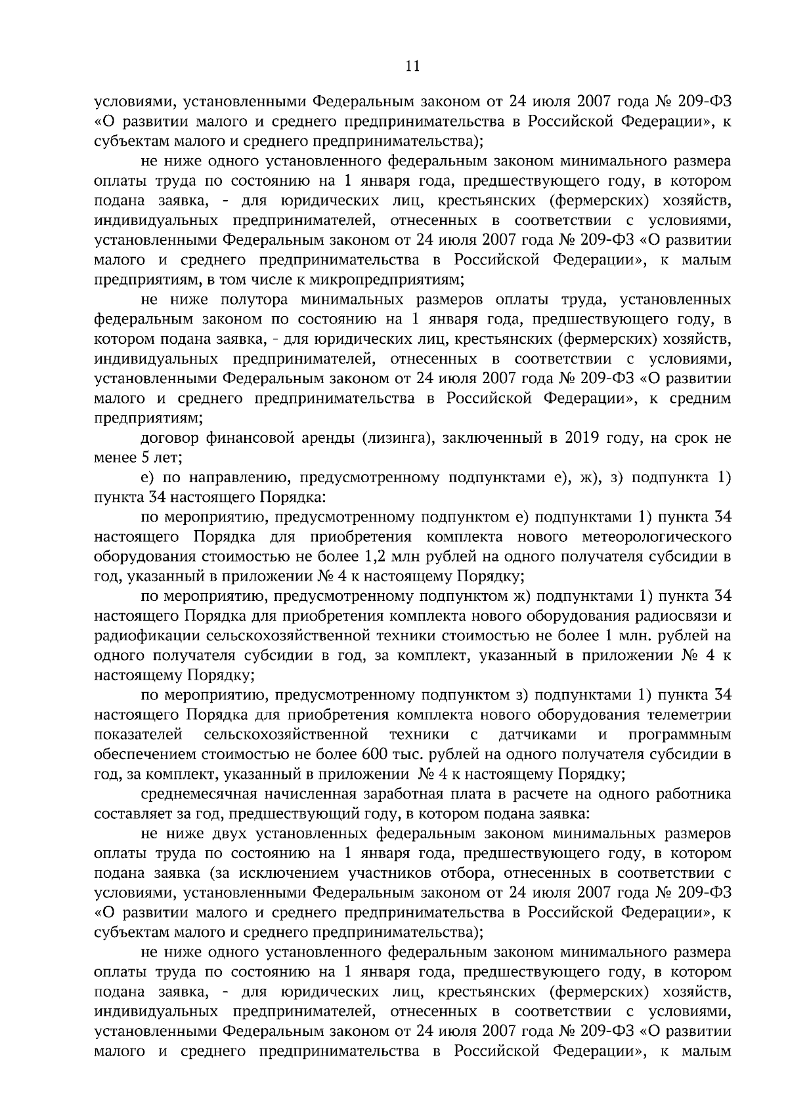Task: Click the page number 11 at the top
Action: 412,66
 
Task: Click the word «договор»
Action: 167,438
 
